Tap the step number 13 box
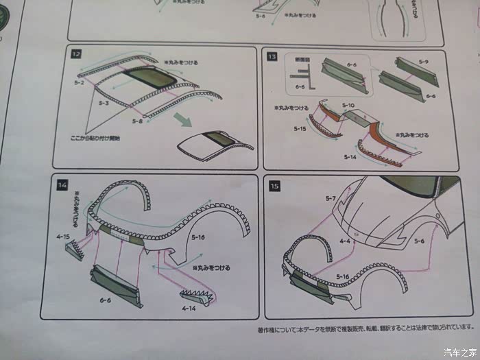(x=272, y=56)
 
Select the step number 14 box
(x=62, y=184)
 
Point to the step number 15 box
(x=274, y=185)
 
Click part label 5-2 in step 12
(x=79, y=83)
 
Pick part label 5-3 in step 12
(x=104, y=102)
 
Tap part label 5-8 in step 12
(x=136, y=121)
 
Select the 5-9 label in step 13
(x=423, y=62)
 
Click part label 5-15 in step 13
(x=300, y=128)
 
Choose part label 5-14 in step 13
(x=350, y=157)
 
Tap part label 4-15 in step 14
(x=64, y=237)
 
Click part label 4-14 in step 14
(x=190, y=309)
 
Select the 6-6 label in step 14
(x=105, y=300)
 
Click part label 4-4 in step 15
(x=346, y=241)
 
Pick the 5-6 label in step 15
(x=419, y=241)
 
